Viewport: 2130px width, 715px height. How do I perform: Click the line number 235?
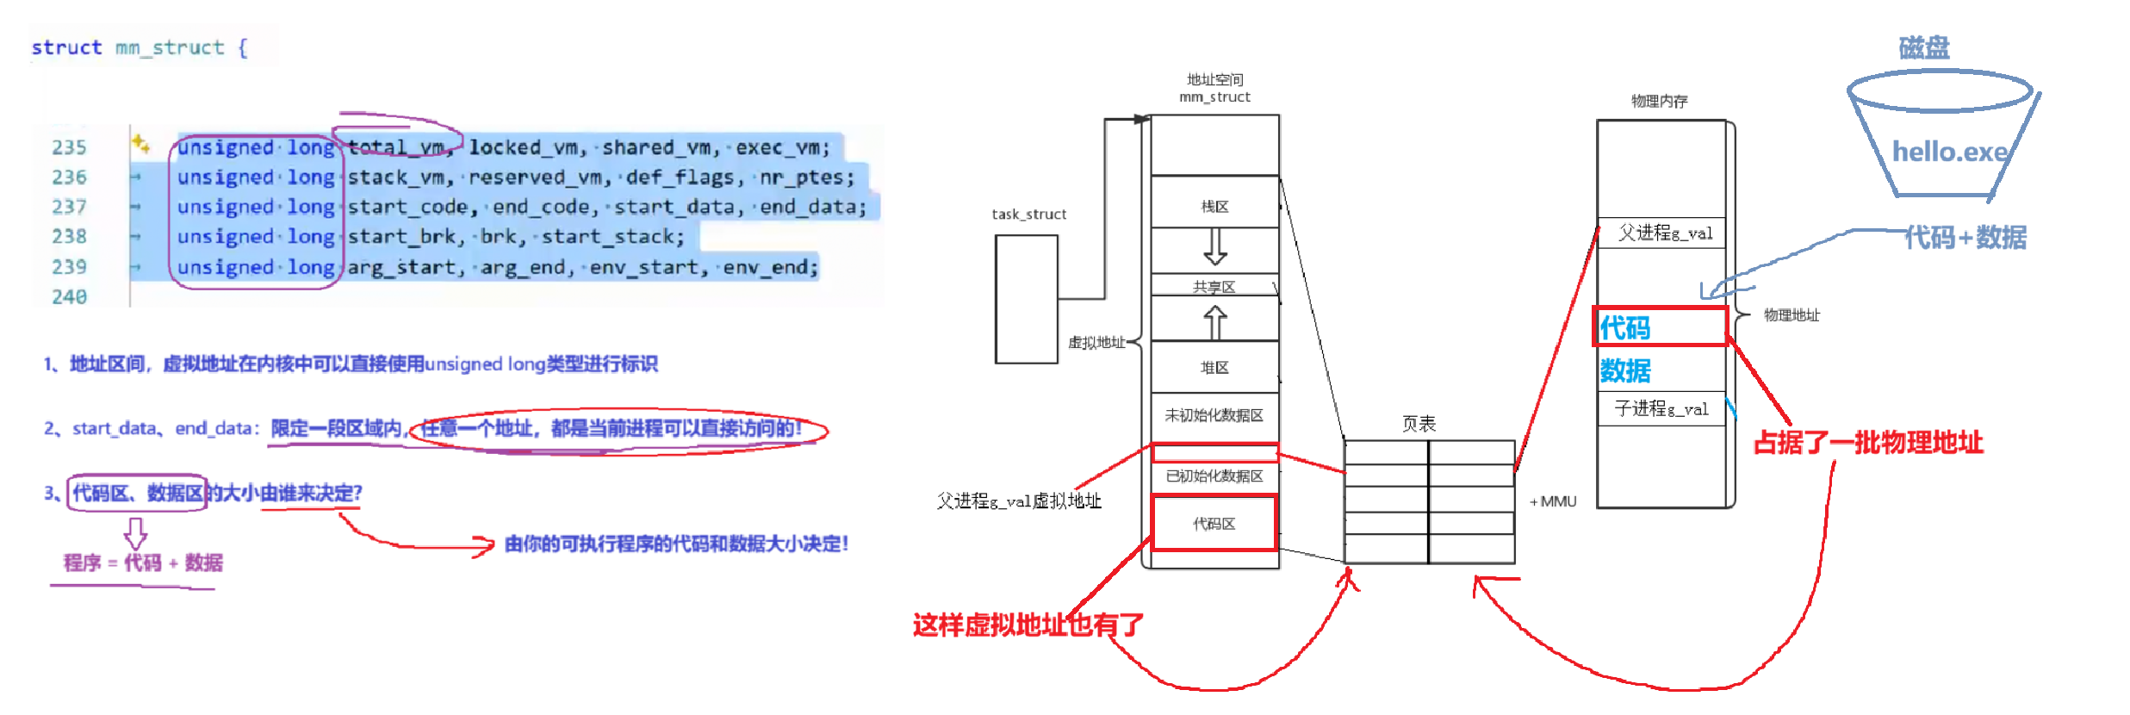coord(69,147)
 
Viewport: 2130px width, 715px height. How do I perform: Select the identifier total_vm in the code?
coord(397,147)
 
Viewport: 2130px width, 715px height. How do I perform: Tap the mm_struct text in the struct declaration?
coord(170,47)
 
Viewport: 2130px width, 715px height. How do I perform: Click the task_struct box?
coord(1026,299)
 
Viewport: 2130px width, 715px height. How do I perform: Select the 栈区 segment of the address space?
coord(1214,206)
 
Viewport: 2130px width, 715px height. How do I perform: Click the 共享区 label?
coord(1214,287)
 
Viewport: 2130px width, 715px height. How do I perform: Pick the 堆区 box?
coord(1214,368)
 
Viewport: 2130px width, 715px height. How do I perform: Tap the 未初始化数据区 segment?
coord(1214,415)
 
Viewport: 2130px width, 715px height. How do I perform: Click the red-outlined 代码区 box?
coord(1214,524)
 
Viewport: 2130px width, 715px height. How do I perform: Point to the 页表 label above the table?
coord(1419,424)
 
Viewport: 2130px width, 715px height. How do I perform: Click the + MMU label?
coord(1553,501)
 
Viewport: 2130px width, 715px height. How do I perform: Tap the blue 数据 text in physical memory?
coord(1625,370)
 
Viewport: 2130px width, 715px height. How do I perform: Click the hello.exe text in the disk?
coord(1949,152)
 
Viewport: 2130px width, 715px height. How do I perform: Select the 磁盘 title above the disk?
coord(1923,47)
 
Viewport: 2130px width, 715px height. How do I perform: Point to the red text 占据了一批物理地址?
coord(1868,443)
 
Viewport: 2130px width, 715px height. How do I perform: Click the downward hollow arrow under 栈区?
coord(1214,246)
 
